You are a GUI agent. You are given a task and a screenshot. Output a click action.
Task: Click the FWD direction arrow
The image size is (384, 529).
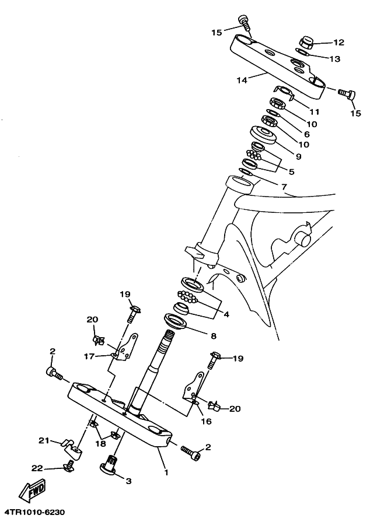[33, 489]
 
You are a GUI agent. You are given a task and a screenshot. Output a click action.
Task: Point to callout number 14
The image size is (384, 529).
[242, 80]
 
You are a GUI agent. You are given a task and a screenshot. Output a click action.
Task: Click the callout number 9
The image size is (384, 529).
[298, 156]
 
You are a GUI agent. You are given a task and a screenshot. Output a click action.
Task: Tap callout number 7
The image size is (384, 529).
[284, 187]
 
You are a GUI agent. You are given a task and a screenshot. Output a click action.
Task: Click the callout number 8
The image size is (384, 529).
[213, 336]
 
